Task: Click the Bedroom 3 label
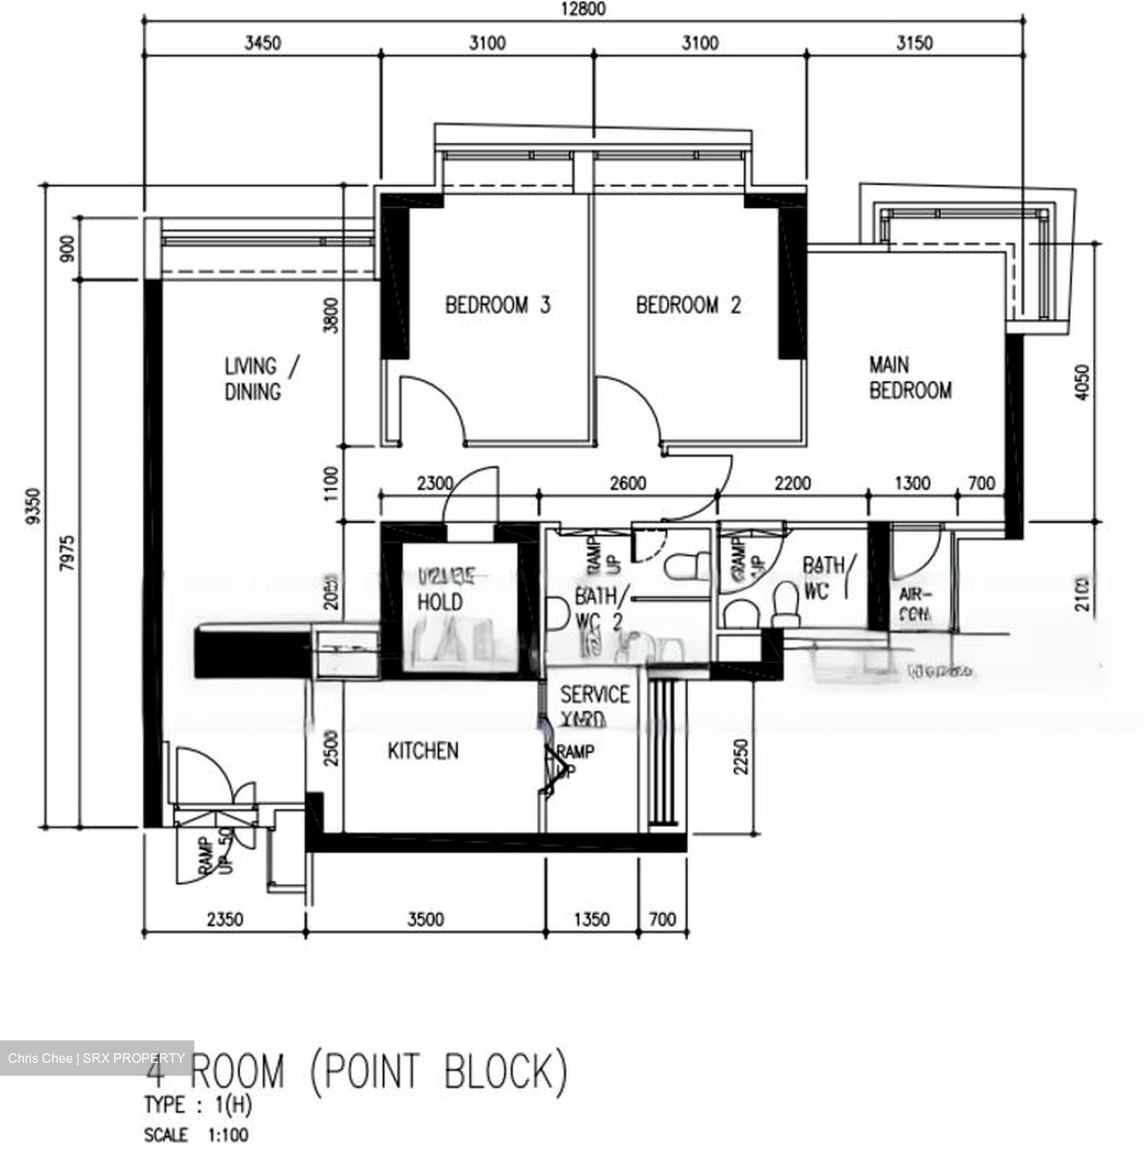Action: point(498,305)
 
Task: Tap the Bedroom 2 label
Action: point(688,305)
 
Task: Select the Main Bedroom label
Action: point(910,378)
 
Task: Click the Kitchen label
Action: point(423,751)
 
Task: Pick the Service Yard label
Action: point(594,706)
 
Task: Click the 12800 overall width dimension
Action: point(584,10)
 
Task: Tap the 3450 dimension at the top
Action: point(263,43)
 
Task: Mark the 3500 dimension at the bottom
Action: point(425,919)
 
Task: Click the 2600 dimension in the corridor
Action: point(628,483)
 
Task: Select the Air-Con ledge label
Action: point(915,604)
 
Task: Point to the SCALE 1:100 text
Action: point(196,1135)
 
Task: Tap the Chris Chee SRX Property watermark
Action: point(96,1058)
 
